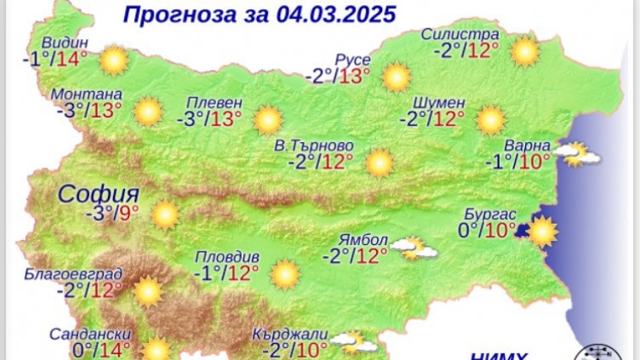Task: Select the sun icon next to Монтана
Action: click(147, 111)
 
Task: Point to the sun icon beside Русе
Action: click(396, 77)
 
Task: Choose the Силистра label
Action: click(460, 35)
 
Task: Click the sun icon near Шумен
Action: click(491, 120)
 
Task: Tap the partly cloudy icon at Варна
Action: click(576, 154)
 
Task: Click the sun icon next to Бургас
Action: click(542, 231)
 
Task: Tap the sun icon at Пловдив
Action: click(284, 274)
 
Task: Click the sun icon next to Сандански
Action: click(156, 350)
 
